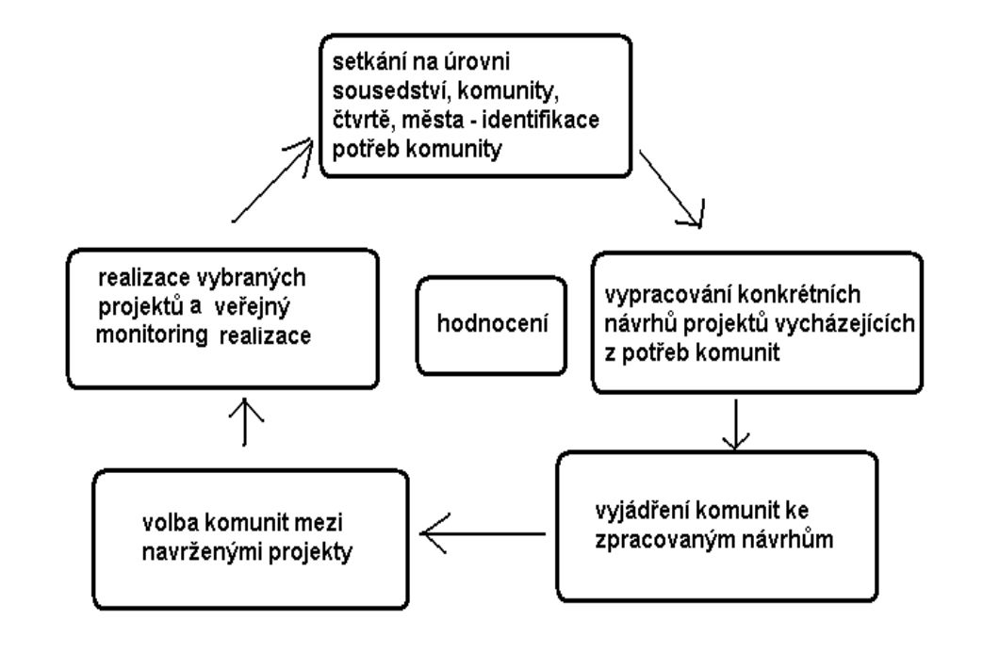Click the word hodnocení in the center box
(492, 323)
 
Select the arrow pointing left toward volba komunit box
(483, 534)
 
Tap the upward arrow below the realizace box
(244, 421)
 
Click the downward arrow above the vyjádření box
(736, 424)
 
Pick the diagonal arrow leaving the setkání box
(672, 188)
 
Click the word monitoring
(151, 335)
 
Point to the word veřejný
(256, 307)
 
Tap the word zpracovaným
(662, 540)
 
